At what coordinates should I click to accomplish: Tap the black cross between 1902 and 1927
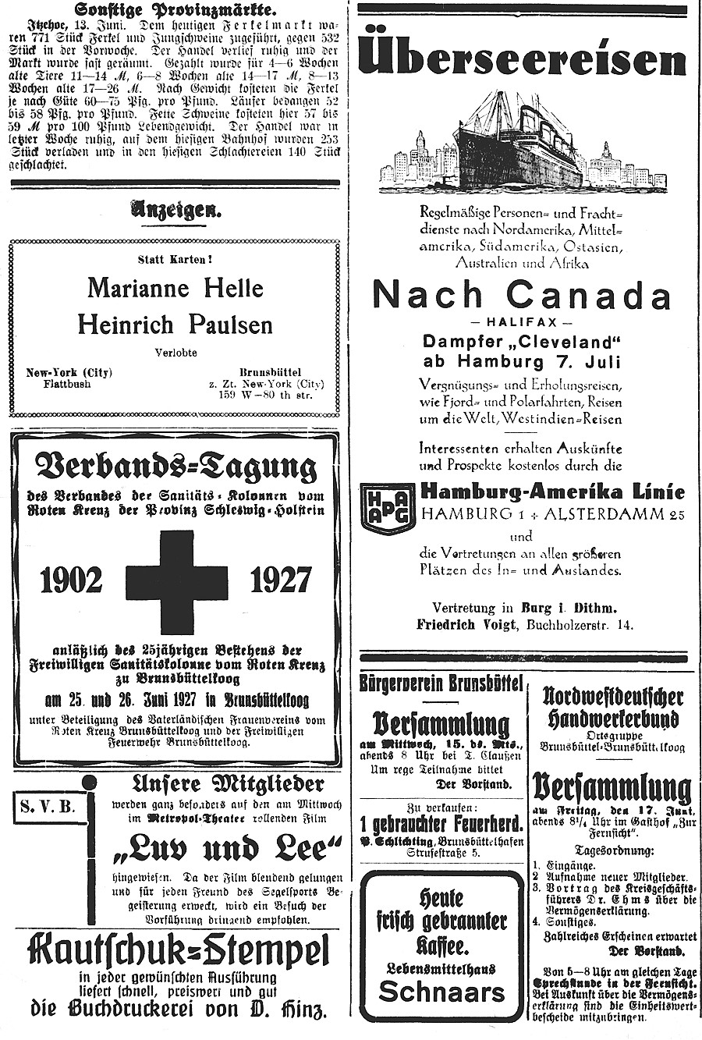[176, 582]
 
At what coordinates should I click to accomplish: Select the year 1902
[71, 580]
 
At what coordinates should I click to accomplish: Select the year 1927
[280, 580]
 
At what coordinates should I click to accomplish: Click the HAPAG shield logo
[388, 508]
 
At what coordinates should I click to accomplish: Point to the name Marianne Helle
[175, 288]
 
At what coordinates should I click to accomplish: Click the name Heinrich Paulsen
[175, 324]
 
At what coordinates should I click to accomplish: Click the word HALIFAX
[522, 322]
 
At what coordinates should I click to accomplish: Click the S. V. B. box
[48, 806]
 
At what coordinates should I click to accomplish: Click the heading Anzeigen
[176, 209]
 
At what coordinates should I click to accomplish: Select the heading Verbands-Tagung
[176, 467]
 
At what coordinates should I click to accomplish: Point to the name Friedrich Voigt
[469, 624]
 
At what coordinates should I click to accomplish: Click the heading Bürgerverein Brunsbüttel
[441, 684]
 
